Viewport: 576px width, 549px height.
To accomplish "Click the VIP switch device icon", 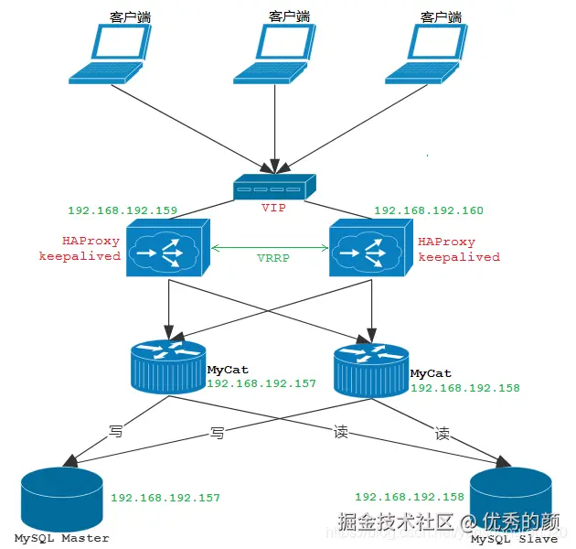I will [273, 188].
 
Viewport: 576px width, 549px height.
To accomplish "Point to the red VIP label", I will [273, 208].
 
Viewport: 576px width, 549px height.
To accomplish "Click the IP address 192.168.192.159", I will [123, 210].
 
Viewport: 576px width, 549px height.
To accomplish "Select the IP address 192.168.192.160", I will [429, 210].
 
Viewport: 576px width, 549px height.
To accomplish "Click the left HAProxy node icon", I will [167, 249].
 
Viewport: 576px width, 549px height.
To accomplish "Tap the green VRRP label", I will [272, 258].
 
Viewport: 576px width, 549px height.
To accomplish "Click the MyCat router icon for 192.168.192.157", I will [167, 366].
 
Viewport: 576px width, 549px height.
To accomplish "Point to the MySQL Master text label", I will [61, 538].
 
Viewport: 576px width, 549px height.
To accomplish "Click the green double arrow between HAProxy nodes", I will [272, 247].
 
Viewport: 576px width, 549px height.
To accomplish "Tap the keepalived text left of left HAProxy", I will [80, 257].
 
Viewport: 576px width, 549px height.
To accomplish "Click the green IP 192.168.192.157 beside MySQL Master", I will [165, 498].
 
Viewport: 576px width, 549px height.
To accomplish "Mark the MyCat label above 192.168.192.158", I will [431, 373].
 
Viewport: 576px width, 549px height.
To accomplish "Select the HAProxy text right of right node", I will [447, 242].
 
